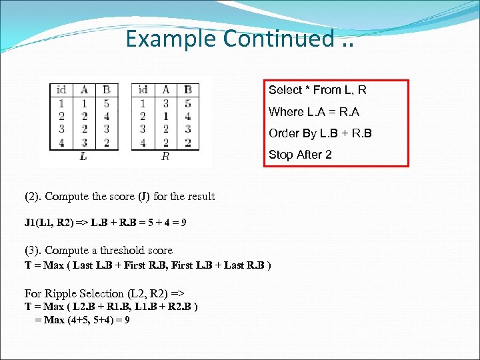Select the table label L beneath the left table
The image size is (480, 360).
click(83, 156)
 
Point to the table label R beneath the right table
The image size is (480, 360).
click(165, 156)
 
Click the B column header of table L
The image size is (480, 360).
click(106, 90)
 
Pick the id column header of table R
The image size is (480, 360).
click(143, 90)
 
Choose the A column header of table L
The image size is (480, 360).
click(84, 90)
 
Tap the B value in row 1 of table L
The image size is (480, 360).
click(106, 103)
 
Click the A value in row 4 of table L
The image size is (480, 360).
click(84, 142)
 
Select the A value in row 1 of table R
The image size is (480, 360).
click(165, 103)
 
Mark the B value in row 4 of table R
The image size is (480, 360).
click(188, 142)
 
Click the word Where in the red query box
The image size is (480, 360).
click(286, 111)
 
